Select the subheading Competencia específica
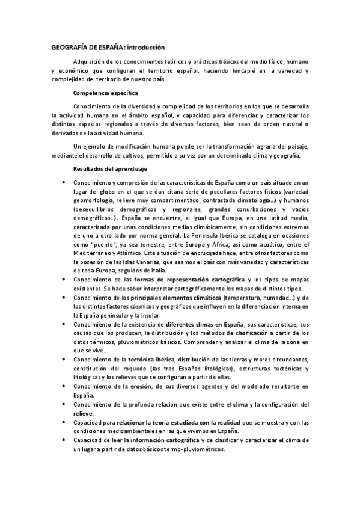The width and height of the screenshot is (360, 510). tap(105, 93)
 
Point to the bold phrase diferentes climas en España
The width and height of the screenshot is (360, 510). tap(196, 324)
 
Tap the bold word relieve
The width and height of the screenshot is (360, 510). tap(82, 414)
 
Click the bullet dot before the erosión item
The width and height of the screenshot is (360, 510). tap(64, 386)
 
